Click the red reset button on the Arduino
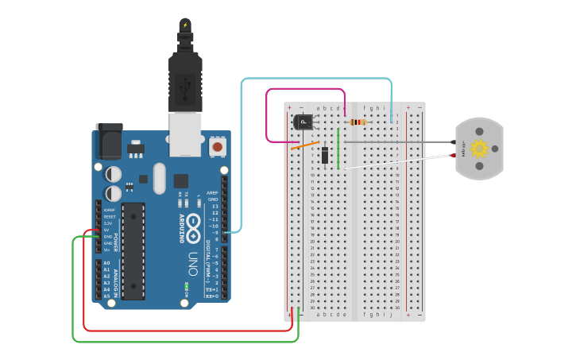pyautogui.click(x=217, y=147)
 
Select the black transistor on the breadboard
pyautogui.click(x=303, y=122)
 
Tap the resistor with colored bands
pyautogui.click(x=358, y=122)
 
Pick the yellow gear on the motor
pyautogui.click(x=479, y=148)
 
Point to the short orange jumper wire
pyautogui.click(x=305, y=145)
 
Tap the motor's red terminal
pyautogui.click(x=454, y=156)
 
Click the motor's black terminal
pyautogui.click(x=454, y=142)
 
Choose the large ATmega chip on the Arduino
pyautogui.click(x=133, y=250)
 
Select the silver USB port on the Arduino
pyautogui.click(x=185, y=134)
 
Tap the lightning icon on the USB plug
pyautogui.click(x=185, y=25)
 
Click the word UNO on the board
pyautogui.click(x=192, y=262)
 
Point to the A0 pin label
pyautogui.click(x=106, y=263)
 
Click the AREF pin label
pyautogui.click(x=212, y=192)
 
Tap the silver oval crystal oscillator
pyautogui.click(x=160, y=177)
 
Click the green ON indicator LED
pyautogui.click(x=187, y=285)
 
